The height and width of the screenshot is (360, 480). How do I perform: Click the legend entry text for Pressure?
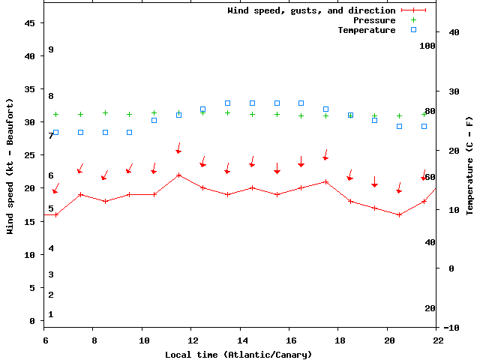tap(374, 20)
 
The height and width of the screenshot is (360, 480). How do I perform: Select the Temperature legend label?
tap(366, 30)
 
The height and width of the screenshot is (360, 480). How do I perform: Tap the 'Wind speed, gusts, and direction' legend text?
tap(311, 10)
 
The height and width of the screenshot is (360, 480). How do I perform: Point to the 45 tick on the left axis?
tap(30, 23)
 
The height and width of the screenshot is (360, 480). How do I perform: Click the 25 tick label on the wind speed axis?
tap(30, 155)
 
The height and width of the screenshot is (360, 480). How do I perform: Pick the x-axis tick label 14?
tap(240, 340)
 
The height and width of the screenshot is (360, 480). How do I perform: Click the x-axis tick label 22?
tap(438, 340)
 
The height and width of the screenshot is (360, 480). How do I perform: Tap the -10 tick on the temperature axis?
tap(451, 328)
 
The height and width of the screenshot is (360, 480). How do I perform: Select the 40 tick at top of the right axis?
tap(453, 32)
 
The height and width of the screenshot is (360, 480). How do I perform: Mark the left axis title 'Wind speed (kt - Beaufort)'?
tap(11, 166)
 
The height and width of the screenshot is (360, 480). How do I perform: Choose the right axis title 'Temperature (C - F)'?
tap(469, 166)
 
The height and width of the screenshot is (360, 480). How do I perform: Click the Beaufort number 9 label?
tap(51, 49)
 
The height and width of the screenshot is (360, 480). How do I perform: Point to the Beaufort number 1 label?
tap(51, 314)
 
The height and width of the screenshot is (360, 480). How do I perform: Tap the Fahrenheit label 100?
tap(427, 46)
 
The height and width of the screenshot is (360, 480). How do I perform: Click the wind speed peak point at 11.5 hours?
tap(178, 175)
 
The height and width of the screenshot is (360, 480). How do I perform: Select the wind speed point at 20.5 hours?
tap(399, 214)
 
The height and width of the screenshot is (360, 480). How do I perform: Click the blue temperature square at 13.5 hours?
tap(227, 103)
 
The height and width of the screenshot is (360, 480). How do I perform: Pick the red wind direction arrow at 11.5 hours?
tap(178, 148)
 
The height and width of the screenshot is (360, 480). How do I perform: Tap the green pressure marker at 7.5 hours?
tap(80, 115)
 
